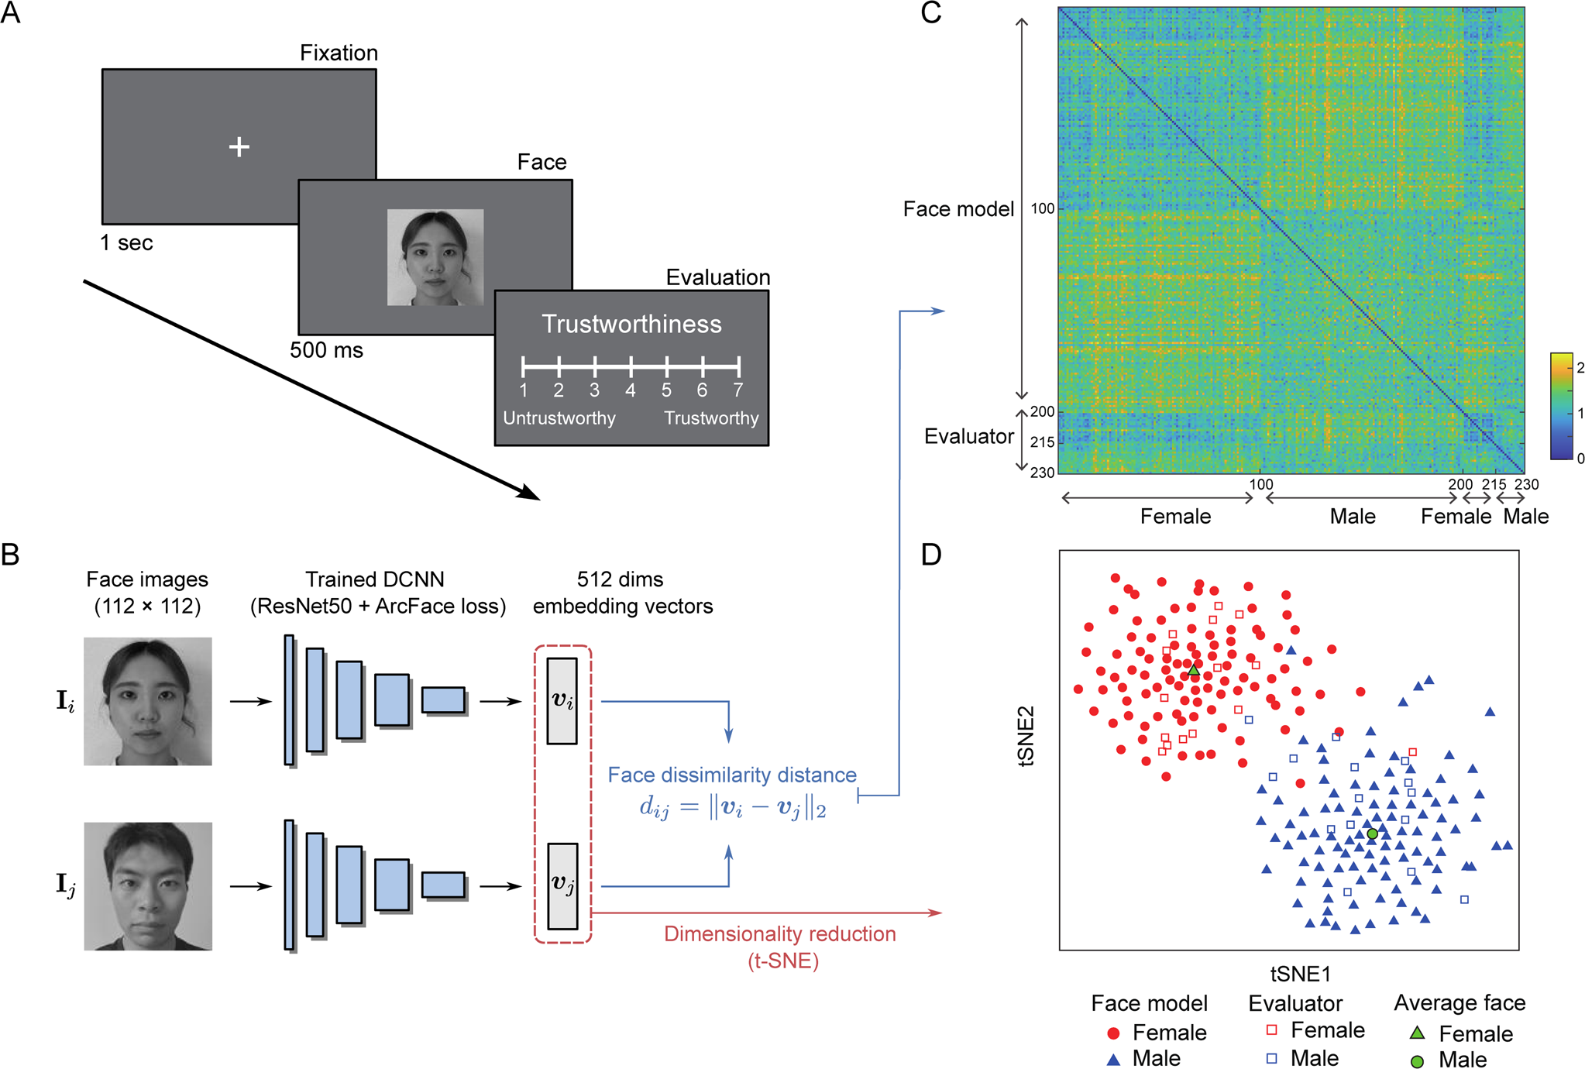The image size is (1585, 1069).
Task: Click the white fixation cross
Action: point(239,146)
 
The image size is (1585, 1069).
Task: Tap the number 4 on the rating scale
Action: point(631,390)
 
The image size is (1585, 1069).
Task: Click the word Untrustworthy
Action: point(559,418)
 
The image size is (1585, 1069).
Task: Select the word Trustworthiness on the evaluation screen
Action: point(631,324)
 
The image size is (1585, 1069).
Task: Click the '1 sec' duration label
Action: point(126,243)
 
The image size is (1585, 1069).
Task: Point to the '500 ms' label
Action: point(326,350)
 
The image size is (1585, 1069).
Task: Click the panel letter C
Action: point(930,13)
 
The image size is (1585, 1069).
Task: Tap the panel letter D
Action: point(930,555)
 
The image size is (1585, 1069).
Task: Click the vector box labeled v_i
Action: point(562,701)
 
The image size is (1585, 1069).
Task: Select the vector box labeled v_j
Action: point(562,885)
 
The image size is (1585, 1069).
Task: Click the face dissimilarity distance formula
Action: point(732,807)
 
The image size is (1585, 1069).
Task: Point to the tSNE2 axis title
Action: point(1027,735)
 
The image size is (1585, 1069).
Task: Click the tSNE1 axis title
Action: point(1300,974)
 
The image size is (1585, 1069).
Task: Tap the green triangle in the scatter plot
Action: point(1194,670)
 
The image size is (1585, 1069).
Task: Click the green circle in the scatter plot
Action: point(1372,834)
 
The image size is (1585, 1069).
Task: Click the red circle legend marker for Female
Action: point(1114,1033)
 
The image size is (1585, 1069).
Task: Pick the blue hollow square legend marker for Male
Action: point(1271,1058)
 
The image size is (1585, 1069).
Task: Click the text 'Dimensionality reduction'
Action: point(779,934)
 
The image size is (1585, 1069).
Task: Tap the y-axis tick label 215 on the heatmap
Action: point(1043,442)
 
